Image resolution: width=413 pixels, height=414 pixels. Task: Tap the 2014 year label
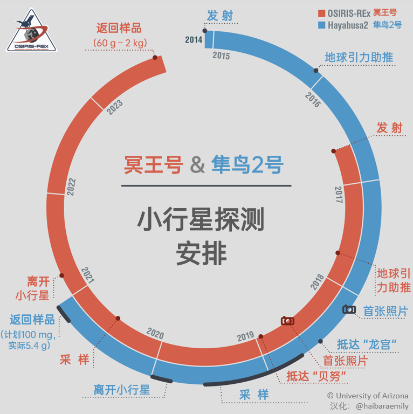194,40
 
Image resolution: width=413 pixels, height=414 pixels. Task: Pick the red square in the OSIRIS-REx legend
322,12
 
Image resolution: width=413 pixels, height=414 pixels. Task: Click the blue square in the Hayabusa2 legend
322,25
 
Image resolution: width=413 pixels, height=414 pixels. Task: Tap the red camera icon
287,321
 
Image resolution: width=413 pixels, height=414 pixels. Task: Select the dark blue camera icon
349,309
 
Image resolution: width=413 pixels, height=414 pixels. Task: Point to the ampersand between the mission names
198,164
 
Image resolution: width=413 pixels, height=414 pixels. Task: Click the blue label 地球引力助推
359,58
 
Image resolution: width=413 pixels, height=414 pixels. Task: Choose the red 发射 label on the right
389,128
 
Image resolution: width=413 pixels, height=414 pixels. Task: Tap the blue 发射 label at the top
220,16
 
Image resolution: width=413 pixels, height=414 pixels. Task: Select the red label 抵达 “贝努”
315,376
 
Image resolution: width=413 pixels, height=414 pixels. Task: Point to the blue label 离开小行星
122,389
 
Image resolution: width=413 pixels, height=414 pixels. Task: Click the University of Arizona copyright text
364,396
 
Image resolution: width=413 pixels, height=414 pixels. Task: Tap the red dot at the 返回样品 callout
155,58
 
